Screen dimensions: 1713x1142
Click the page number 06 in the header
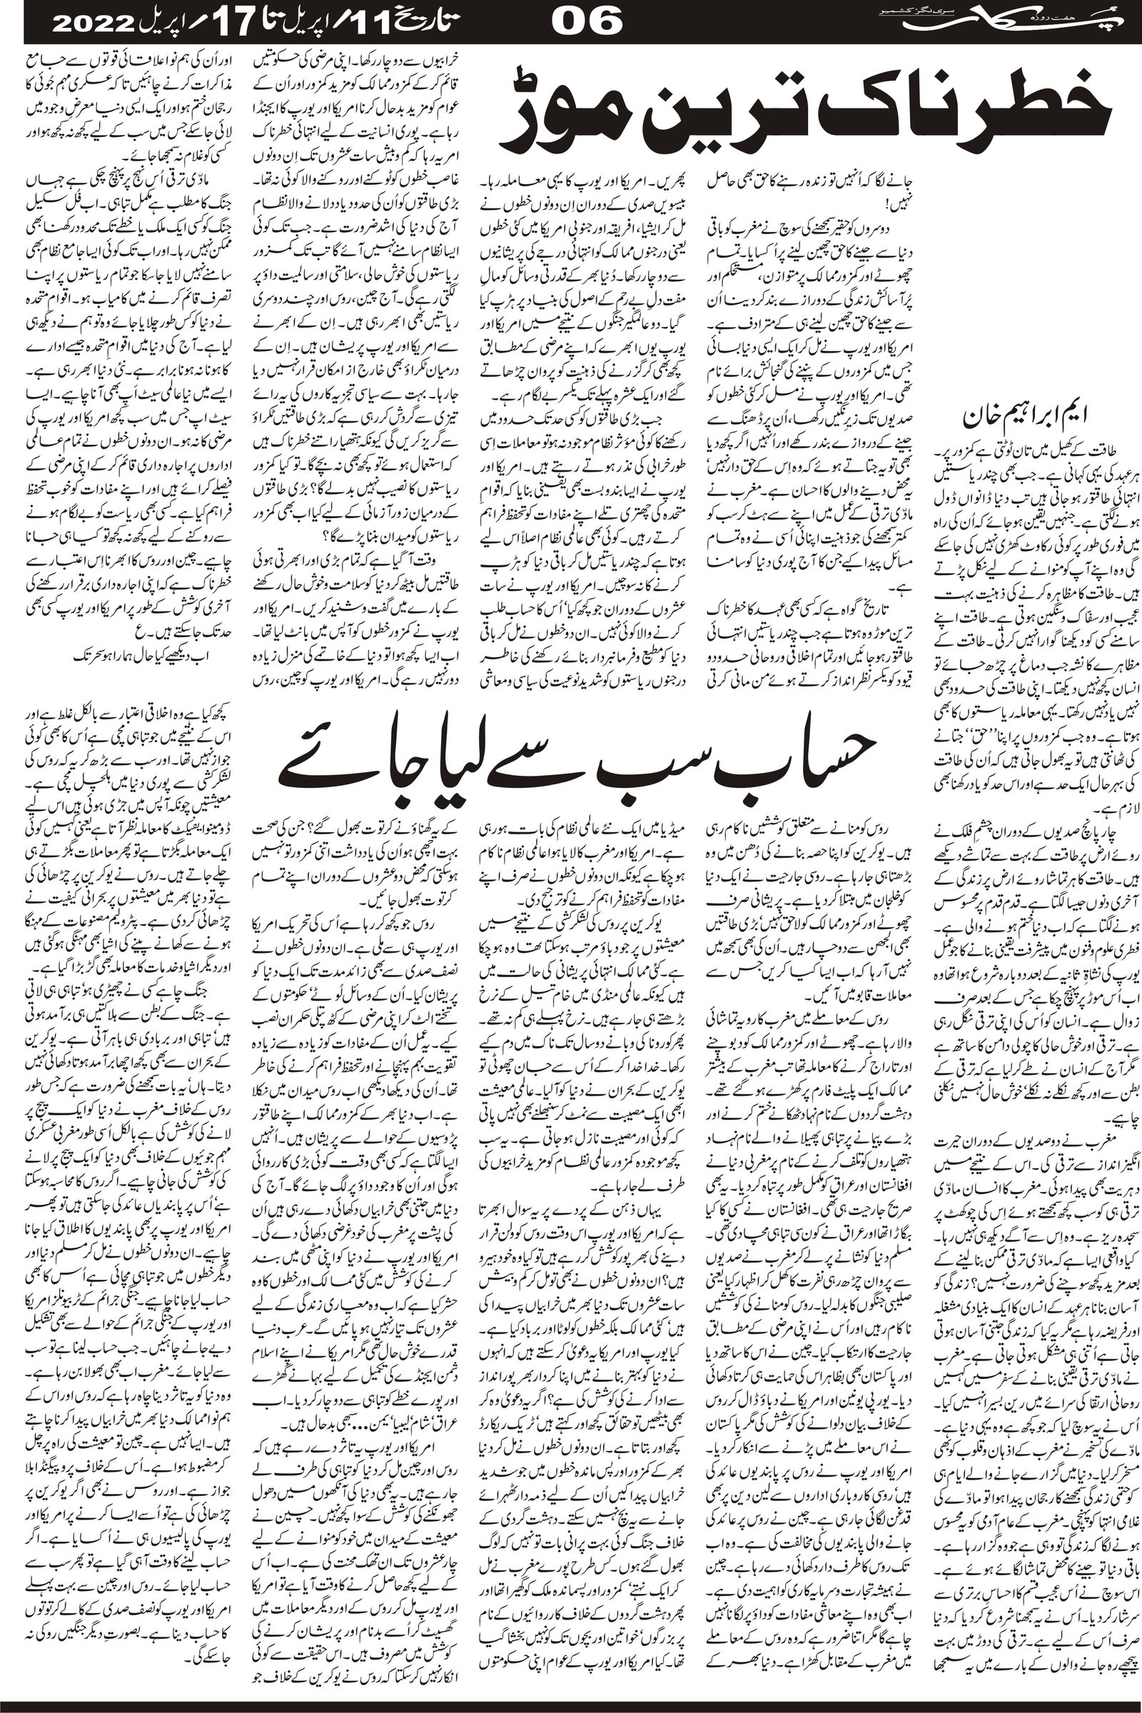(x=587, y=21)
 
